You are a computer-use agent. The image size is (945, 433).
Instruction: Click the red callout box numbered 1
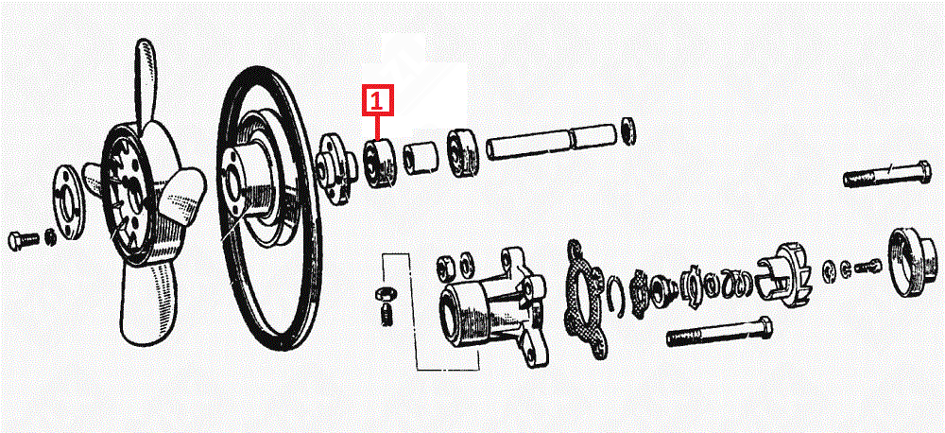[x=377, y=100]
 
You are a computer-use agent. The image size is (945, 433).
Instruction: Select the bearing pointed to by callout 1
[x=380, y=163]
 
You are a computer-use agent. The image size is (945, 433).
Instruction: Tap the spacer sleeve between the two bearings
[x=421, y=158]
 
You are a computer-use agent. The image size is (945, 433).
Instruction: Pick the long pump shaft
[x=551, y=143]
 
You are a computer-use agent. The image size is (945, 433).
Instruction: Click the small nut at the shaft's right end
[x=628, y=130]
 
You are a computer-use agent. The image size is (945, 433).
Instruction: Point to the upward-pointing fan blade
[x=146, y=83]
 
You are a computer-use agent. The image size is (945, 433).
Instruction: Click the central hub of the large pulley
[x=253, y=181]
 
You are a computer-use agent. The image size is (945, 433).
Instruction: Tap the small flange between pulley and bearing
[x=335, y=165]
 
